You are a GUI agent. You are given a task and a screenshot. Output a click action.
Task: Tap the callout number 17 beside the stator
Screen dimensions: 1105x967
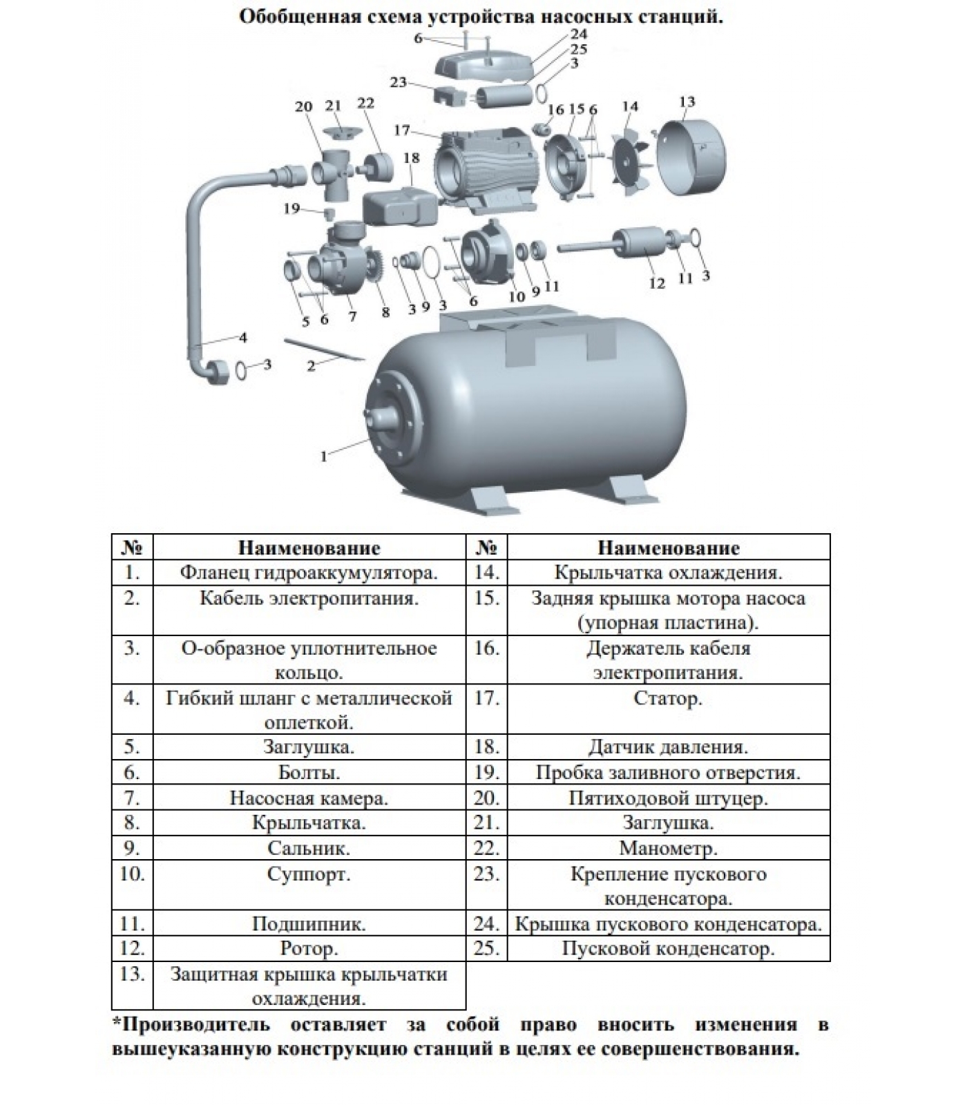click(402, 131)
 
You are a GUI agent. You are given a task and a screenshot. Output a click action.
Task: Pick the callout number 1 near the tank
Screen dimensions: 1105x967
click(323, 456)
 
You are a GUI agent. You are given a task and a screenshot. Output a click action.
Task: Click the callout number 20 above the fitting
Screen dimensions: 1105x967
click(304, 107)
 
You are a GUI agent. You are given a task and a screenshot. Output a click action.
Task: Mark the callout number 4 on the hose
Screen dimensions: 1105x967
click(242, 338)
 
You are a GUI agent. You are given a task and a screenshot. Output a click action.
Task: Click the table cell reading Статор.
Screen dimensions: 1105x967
click(668, 698)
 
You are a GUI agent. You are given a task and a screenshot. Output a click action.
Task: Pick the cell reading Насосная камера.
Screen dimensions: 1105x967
click(309, 798)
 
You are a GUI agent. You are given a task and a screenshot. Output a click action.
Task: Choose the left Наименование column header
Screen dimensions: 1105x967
click(309, 548)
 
